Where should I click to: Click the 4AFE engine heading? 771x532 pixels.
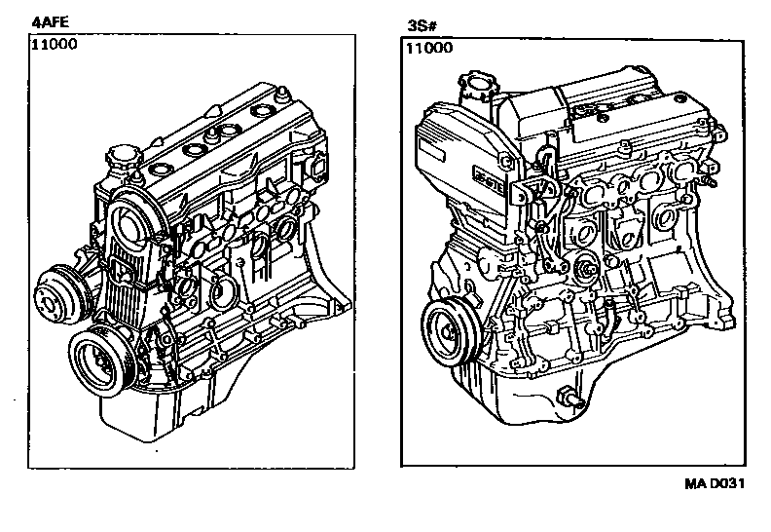click(50, 22)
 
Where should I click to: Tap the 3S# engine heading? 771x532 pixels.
click(422, 25)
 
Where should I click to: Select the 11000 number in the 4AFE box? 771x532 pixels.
click(55, 44)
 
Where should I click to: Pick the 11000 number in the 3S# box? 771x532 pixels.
click(429, 48)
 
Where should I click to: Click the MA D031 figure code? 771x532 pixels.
click(715, 484)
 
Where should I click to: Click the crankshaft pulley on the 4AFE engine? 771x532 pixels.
click(101, 361)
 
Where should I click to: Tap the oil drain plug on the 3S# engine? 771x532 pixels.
click(571, 398)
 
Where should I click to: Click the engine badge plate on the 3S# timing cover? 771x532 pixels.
click(489, 175)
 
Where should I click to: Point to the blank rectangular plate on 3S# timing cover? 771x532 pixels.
click(430, 149)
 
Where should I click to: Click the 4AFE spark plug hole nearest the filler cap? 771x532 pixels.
click(161, 169)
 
